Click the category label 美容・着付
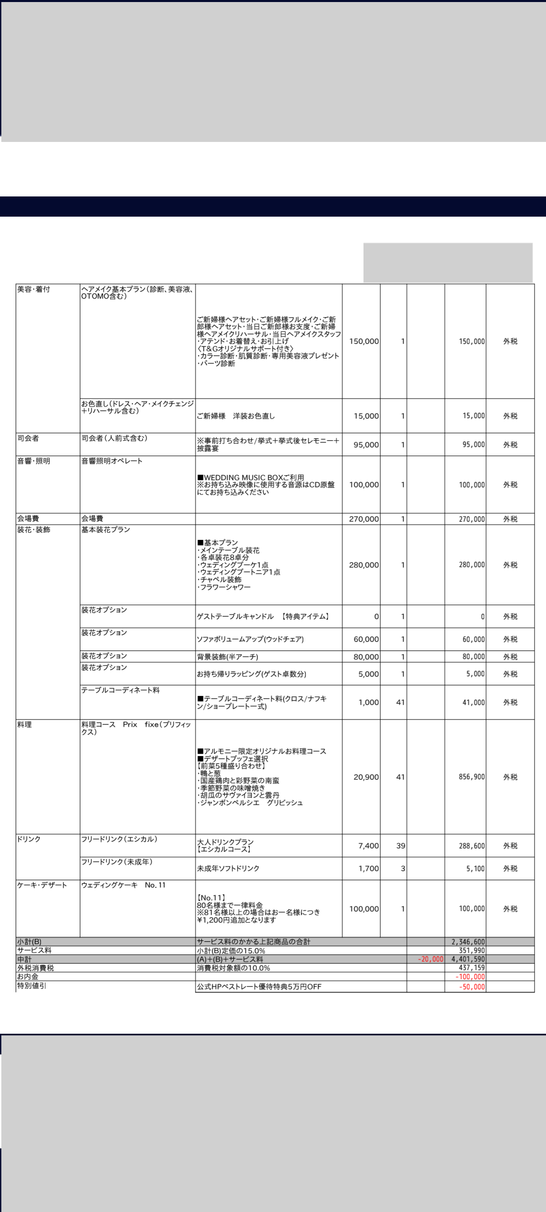(33, 289)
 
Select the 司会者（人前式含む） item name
(114, 438)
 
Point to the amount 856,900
(472, 777)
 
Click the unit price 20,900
(366, 777)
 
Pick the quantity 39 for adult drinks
(400, 846)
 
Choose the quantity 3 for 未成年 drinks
(403, 869)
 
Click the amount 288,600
(472, 846)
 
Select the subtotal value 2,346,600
(468, 942)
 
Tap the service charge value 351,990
(472, 950)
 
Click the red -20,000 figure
(431, 959)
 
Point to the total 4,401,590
(468, 959)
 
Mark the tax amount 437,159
(472, 968)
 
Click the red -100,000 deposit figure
(470, 977)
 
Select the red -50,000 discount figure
(472, 987)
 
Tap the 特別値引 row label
(31, 986)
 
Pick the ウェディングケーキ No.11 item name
(123, 885)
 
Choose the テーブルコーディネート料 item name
(120, 690)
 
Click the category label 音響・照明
(33, 461)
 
